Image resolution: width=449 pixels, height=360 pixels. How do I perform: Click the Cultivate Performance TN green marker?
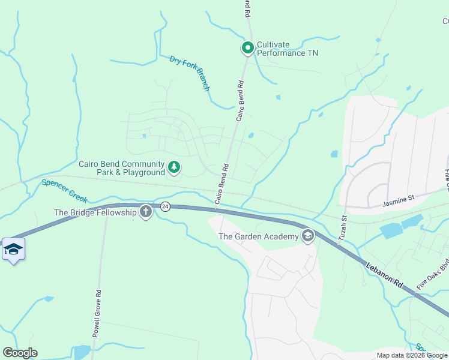point(247,47)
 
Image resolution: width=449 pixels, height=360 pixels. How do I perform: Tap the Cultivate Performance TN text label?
point(288,49)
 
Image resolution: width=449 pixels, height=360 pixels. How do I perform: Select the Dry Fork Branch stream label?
point(190,73)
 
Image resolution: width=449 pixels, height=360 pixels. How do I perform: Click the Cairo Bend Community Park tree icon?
point(174,167)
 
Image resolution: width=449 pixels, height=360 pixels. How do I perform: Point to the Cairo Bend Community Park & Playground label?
point(122,168)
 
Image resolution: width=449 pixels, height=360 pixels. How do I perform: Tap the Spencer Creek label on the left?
point(64,191)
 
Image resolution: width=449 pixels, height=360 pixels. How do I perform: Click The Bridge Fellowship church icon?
point(146,212)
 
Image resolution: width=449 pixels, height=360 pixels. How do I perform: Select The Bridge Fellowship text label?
point(95,212)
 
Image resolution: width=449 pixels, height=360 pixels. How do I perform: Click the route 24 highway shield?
point(166,207)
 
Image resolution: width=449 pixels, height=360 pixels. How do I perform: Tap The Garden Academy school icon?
point(308,236)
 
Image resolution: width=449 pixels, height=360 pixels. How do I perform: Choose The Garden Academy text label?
point(258,236)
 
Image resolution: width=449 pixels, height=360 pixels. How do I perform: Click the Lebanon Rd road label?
point(384,273)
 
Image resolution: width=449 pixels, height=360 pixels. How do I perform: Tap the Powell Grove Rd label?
point(96,314)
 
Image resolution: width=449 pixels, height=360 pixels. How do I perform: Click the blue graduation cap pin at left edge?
point(13,248)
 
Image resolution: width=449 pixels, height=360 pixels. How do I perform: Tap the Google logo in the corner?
point(20,353)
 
